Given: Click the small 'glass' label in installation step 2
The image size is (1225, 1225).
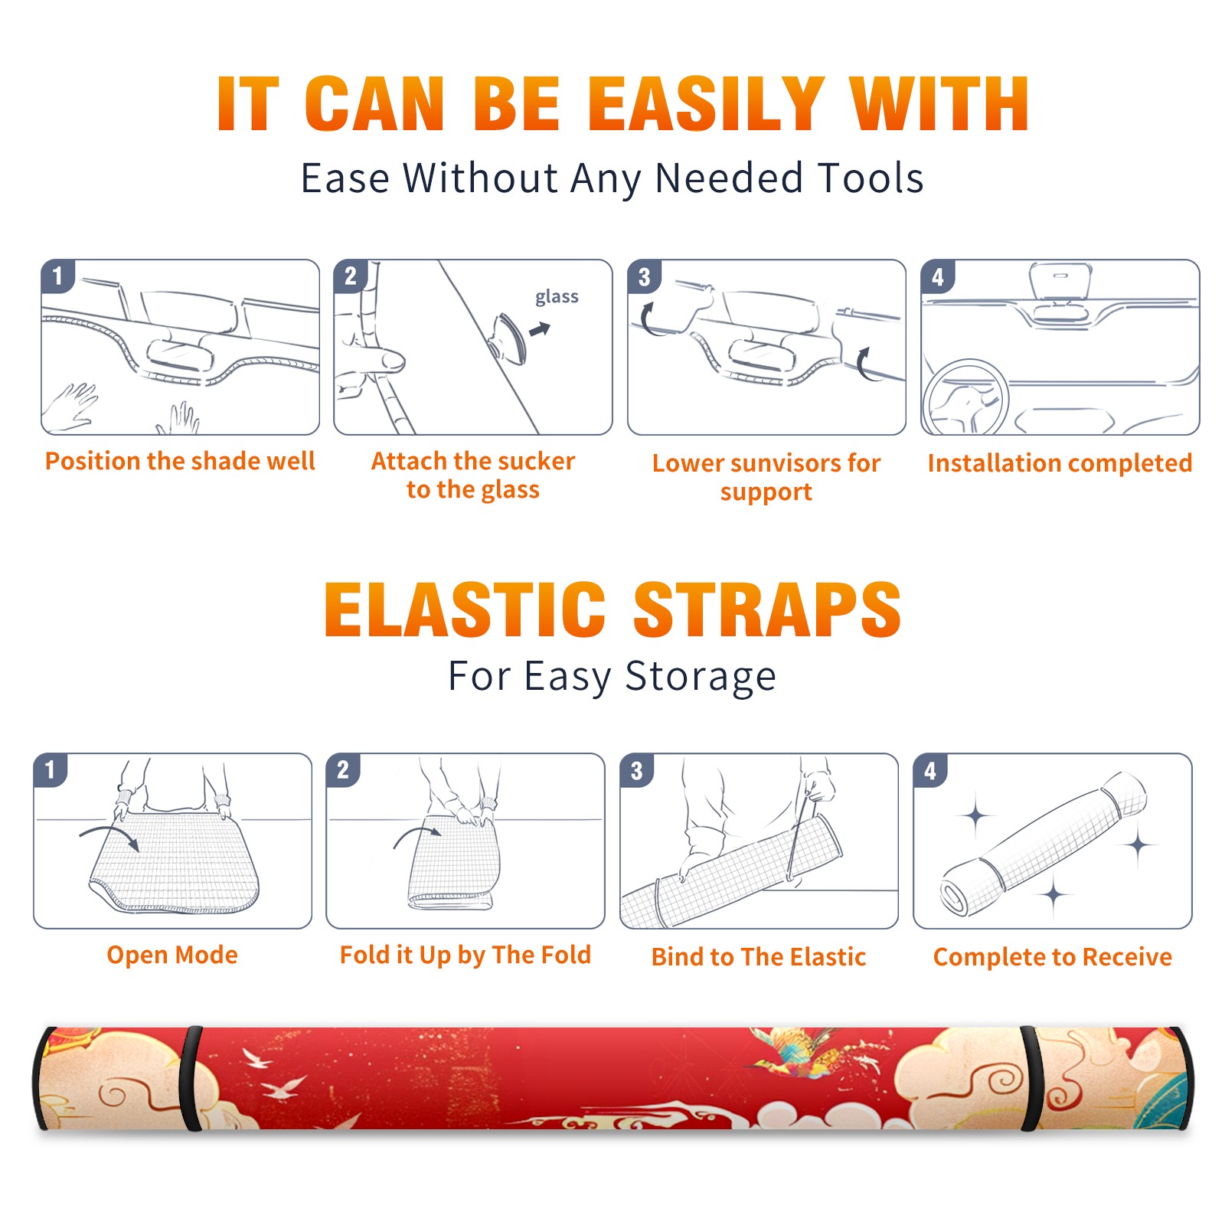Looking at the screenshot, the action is pyautogui.click(x=557, y=297).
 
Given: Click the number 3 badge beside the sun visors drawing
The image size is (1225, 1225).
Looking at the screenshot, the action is pyautogui.click(x=643, y=276).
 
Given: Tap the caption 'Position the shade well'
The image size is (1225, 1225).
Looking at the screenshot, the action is pyautogui.click(x=180, y=461).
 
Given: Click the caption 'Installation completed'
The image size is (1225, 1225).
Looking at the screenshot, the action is pyautogui.click(x=1060, y=463).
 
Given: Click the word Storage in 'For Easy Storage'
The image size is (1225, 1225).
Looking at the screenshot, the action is pyautogui.click(x=701, y=677).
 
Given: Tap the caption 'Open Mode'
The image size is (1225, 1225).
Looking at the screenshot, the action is pyautogui.click(x=172, y=955).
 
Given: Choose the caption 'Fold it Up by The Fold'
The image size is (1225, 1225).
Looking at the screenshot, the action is pyautogui.click(x=465, y=955).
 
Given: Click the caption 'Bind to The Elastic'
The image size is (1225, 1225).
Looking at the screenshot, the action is pyautogui.click(x=759, y=957).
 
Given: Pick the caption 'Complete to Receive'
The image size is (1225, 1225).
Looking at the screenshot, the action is pyautogui.click(x=1053, y=957).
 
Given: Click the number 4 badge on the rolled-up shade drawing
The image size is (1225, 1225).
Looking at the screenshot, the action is pyautogui.click(x=929, y=770).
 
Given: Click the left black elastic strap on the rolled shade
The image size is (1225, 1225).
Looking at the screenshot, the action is pyautogui.click(x=191, y=1078).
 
